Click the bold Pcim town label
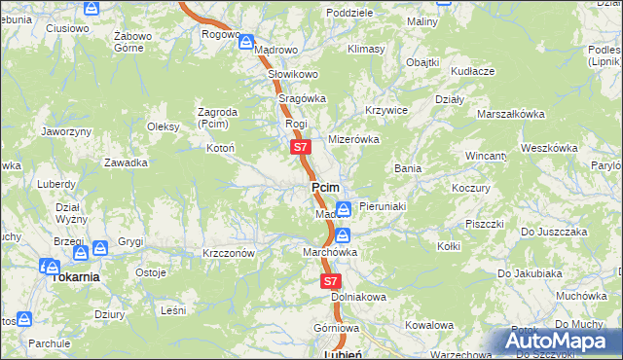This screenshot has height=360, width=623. [325, 188]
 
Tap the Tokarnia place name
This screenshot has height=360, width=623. [75, 276]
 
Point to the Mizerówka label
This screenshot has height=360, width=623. [352, 139]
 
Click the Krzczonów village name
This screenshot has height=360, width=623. [229, 253]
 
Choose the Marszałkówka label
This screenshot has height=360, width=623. [510, 114]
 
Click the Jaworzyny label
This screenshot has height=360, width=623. [66, 130]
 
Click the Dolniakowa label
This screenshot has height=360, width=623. [359, 296]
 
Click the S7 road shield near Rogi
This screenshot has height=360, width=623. [300, 148]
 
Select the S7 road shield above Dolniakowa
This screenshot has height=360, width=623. [329, 280]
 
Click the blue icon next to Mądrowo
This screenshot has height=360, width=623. [246, 44]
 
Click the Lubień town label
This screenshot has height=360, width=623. [342, 354]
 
